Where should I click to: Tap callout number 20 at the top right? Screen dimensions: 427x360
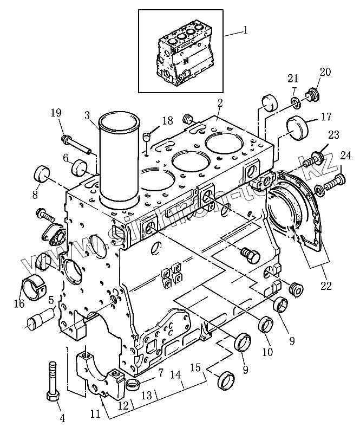pos(325,72)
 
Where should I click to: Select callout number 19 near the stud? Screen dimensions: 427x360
pos(56,113)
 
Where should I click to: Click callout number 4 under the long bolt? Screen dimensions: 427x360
pos(62,418)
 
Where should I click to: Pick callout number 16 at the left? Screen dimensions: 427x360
pos(19,304)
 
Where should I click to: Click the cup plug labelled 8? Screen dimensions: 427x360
pos(42,174)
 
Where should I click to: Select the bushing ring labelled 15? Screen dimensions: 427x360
pos(225,380)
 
